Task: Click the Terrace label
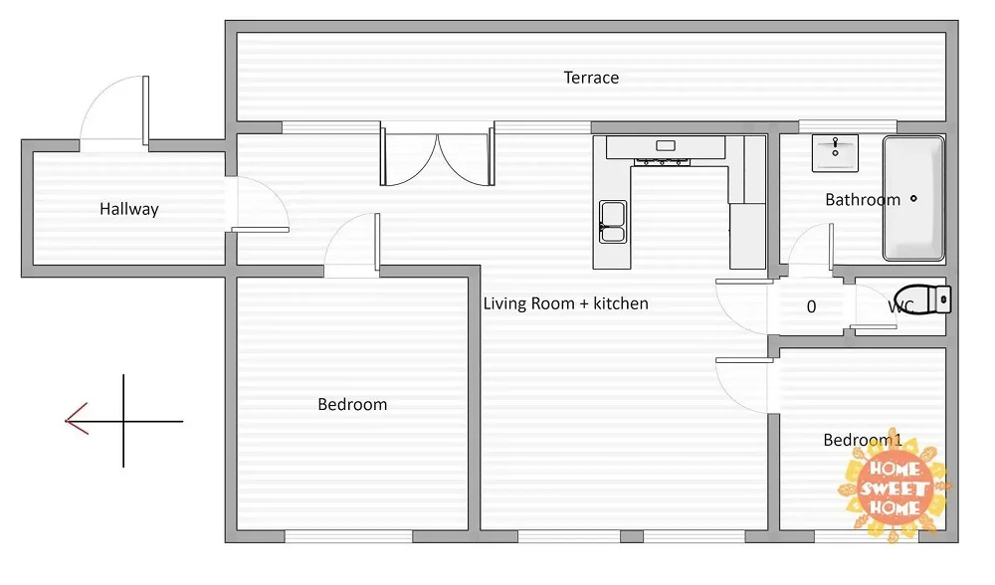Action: click(x=591, y=78)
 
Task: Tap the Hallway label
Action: click(x=128, y=209)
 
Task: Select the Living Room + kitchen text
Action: click(x=565, y=303)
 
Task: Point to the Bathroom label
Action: click(x=863, y=200)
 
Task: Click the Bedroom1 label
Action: click(x=863, y=440)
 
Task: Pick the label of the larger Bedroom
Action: click(x=352, y=404)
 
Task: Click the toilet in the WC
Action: click(x=923, y=299)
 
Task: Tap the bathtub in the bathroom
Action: click(x=913, y=199)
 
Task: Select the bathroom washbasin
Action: click(x=835, y=153)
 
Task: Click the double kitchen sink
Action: click(x=613, y=222)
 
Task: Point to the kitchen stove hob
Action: click(x=662, y=162)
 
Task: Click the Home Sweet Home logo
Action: click(x=895, y=487)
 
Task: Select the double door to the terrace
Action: click(x=437, y=155)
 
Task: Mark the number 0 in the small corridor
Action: click(x=811, y=307)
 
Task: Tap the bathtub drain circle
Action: click(x=913, y=199)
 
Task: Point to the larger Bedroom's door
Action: click(x=352, y=245)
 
